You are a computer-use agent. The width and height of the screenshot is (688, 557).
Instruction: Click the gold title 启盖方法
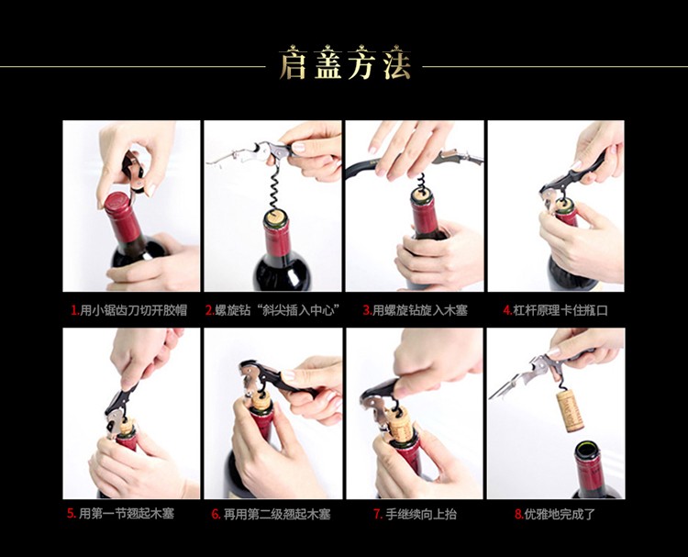click(x=345, y=64)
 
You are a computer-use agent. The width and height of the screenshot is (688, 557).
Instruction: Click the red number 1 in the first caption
click(x=73, y=310)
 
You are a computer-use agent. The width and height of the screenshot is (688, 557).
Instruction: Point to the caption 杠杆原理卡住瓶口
click(x=560, y=310)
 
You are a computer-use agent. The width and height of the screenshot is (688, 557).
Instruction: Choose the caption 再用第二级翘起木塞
click(x=277, y=514)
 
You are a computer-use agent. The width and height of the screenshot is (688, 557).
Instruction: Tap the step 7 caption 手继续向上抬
click(x=421, y=514)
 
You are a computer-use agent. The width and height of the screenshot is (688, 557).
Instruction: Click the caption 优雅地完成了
click(x=560, y=514)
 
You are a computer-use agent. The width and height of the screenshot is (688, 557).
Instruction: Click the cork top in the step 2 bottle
click(x=275, y=217)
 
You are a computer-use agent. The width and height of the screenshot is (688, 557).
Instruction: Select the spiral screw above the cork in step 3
click(x=420, y=181)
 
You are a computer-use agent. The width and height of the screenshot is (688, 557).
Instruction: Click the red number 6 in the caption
click(x=215, y=514)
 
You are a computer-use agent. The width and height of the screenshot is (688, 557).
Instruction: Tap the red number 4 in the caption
click(x=506, y=310)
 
